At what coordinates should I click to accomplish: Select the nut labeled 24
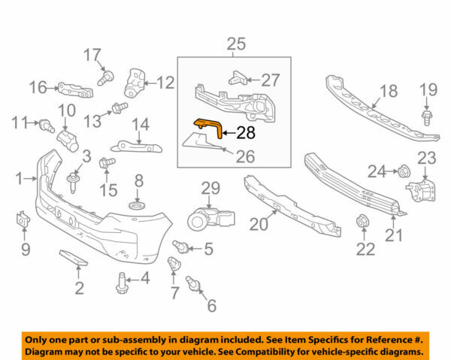(403, 172)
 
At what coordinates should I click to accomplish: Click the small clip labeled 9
(22, 221)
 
